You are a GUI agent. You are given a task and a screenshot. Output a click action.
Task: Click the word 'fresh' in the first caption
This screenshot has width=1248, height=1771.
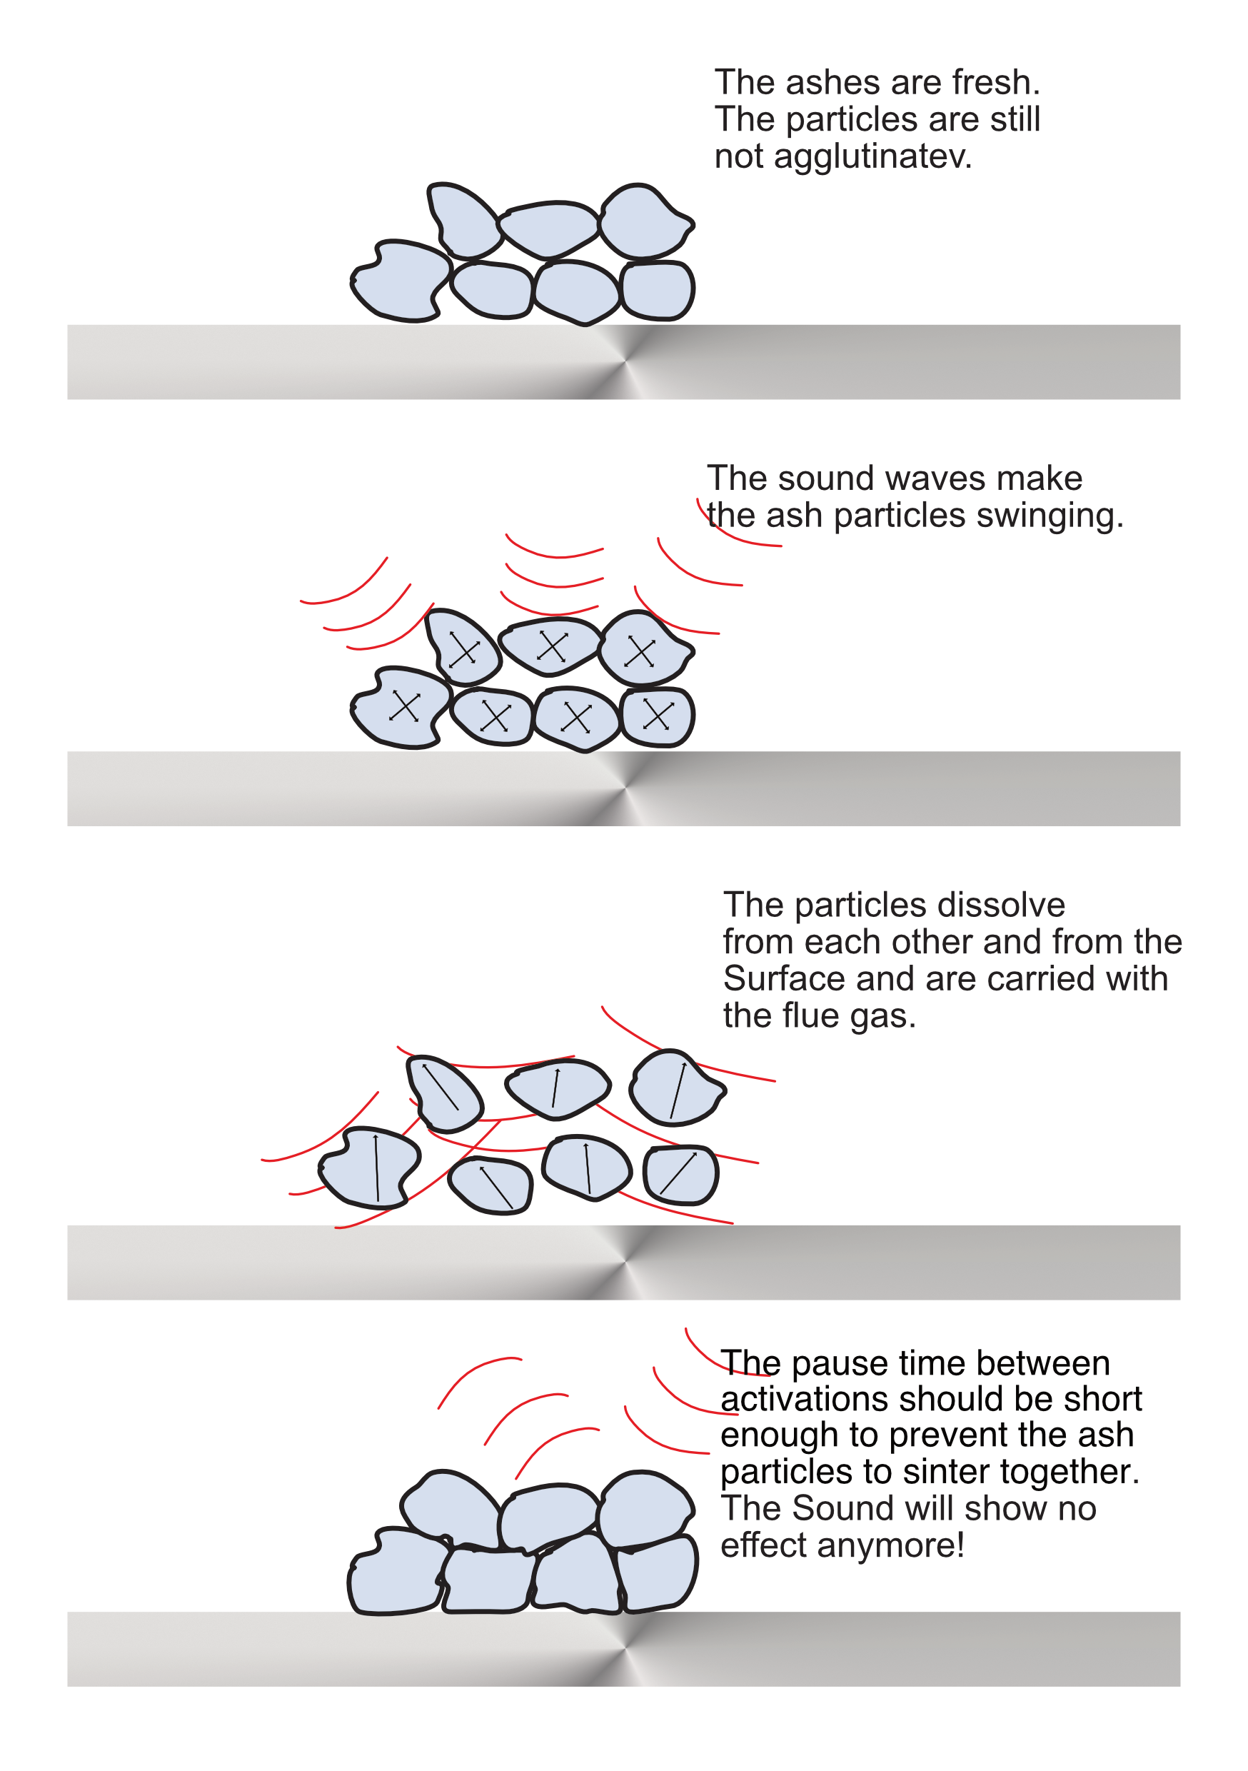coord(996,83)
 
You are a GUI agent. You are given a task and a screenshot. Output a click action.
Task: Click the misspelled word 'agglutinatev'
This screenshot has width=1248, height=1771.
coord(872,157)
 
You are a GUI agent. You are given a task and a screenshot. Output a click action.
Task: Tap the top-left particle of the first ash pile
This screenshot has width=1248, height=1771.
coord(463,221)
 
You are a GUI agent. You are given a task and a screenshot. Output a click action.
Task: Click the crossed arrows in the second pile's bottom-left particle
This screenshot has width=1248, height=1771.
coord(404,706)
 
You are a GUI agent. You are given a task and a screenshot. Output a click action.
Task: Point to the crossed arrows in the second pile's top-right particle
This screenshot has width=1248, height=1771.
coord(641,652)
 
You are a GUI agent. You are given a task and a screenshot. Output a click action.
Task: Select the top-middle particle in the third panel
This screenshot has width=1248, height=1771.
coord(558,1088)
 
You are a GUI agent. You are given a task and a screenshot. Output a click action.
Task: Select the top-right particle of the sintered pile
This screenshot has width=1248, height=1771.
coord(644,1507)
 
